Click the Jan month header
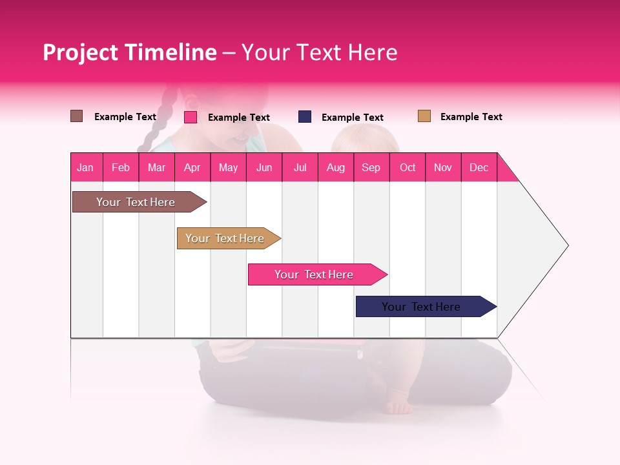pyautogui.click(x=86, y=167)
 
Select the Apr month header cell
pyautogui.click(x=192, y=167)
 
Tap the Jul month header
pyautogui.click(x=300, y=167)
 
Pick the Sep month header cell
pyautogui.click(x=371, y=167)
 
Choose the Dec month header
pyautogui.click(x=479, y=167)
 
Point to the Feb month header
pyautogui.click(x=121, y=167)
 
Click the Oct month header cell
pyautogui.click(x=408, y=167)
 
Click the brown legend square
pyautogui.click(x=77, y=116)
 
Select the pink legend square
pyautogui.click(x=191, y=117)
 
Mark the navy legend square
pyautogui.click(x=305, y=117)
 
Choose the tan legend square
pyautogui.click(x=424, y=116)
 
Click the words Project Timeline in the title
pyautogui.click(x=130, y=52)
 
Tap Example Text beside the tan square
pyautogui.click(x=471, y=117)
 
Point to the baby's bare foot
pyautogui.click(x=398, y=408)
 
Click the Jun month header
pyautogui.click(x=264, y=167)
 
